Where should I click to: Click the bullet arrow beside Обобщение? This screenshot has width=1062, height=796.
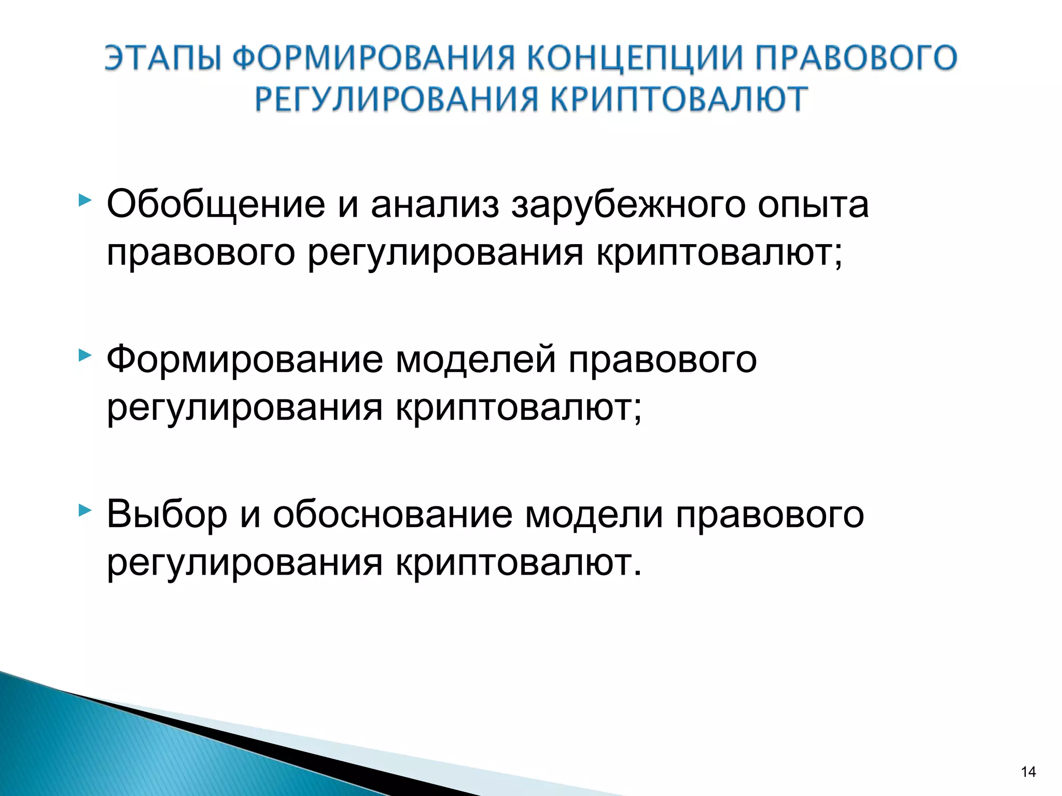click(x=85, y=200)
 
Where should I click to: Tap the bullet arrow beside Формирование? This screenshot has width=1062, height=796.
click(x=85, y=356)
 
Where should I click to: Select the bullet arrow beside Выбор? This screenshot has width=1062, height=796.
click(x=85, y=511)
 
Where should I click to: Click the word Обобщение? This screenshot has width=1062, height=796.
click(x=216, y=205)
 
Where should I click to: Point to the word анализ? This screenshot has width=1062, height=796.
click(x=435, y=204)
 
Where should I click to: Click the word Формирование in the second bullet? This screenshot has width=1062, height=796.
click(x=245, y=360)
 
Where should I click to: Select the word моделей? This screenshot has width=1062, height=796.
click(x=476, y=360)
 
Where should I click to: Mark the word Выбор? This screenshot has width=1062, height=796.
click(x=167, y=515)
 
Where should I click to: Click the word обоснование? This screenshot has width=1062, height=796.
click(x=393, y=514)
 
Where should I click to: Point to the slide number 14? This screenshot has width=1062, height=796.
click(x=1028, y=772)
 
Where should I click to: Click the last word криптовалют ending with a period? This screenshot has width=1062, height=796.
click(x=519, y=563)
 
